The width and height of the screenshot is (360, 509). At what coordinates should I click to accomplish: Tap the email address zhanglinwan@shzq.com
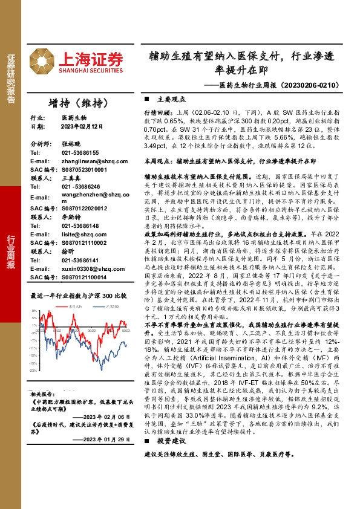[x=74, y=161]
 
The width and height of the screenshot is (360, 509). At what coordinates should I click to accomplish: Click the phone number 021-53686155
[x=65, y=153]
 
